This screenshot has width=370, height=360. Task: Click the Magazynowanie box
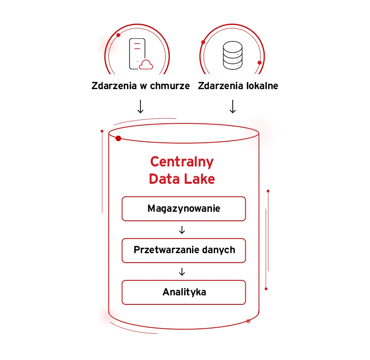[183, 209]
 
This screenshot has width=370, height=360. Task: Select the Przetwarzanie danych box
[183, 250]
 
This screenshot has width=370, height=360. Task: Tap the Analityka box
[183, 292]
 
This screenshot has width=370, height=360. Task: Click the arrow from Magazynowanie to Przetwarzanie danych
[182, 230]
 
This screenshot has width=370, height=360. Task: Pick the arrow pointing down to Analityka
[182, 272]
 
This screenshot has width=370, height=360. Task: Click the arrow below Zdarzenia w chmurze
[140, 106]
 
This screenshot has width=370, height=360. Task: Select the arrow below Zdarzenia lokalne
[233, 106]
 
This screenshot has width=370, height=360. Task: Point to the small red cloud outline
[146, 64]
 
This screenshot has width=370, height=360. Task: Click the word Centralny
[182, 162]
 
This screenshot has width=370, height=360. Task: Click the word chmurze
[170, 86]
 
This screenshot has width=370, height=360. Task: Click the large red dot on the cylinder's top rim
[118, 138]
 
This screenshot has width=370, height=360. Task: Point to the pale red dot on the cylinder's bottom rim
[248, 321]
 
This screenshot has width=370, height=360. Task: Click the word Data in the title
[164, 179]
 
